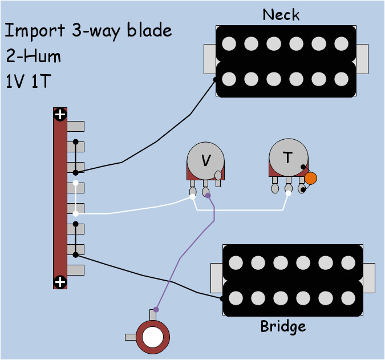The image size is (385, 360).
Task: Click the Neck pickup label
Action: (x=281, y=14)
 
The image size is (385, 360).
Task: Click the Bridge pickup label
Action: (x=283, y=326)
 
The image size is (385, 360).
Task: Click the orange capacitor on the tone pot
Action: (x=310, y=178)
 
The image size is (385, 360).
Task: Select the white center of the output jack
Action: (x=152, y=336)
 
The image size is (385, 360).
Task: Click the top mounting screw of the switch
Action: (x=60, y=115)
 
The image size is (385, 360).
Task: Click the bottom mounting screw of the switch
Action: (x=60, y=282)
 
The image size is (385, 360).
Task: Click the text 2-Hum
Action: (x=34, y=56)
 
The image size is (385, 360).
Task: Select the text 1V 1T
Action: (x=29, y=82)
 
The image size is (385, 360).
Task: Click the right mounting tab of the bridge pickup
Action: (x=369, y=277)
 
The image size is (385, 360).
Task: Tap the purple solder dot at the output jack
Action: (x=156, y=309)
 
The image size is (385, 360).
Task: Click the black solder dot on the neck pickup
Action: (x=215, y=79)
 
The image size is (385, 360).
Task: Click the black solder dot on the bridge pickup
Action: (x=222, y=298)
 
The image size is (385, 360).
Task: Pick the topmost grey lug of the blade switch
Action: (x=76, y=126)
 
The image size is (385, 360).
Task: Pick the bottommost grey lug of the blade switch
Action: (x=76, y=270)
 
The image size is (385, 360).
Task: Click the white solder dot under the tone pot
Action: (x=288, y=193)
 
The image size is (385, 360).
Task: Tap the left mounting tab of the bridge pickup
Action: (x=217, y=277)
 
